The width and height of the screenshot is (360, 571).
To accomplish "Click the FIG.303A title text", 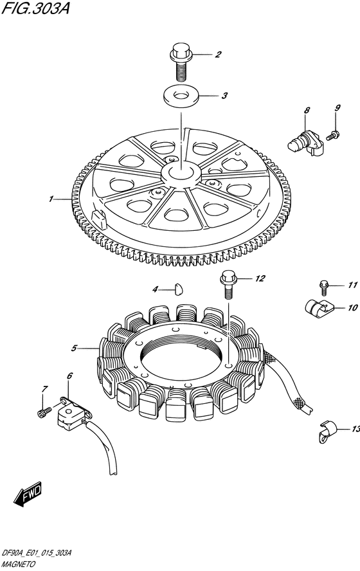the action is [x=35, y=8].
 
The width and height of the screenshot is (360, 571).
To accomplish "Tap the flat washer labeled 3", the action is [x=181, y=96].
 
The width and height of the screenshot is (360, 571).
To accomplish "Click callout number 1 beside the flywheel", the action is [x=51, y=199].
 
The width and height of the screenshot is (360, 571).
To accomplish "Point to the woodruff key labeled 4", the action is [x=178, y=289].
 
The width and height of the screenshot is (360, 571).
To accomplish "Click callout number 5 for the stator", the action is [x=74, y=349].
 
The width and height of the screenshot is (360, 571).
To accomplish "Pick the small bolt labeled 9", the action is [x=333, y=135].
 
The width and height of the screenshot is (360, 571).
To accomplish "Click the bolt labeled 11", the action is [x=323, y=287].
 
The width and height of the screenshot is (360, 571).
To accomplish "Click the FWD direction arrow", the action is [x=28, y=494].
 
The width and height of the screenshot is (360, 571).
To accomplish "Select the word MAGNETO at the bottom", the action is [x=19, y=564].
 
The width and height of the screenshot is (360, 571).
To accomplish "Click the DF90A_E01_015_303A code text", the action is [x=37, y=553].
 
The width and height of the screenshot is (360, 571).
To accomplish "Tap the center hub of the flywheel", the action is [x=181, y=174].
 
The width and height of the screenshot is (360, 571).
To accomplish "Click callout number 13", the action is [x=355, y=429].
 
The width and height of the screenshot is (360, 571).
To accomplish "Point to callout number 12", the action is [x=260, y=278].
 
